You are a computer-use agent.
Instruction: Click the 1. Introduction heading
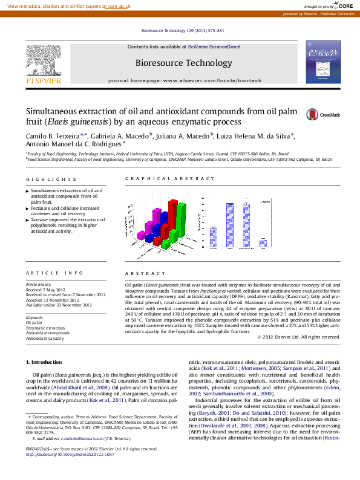point(44,362)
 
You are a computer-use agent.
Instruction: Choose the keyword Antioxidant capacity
point(45,339)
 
